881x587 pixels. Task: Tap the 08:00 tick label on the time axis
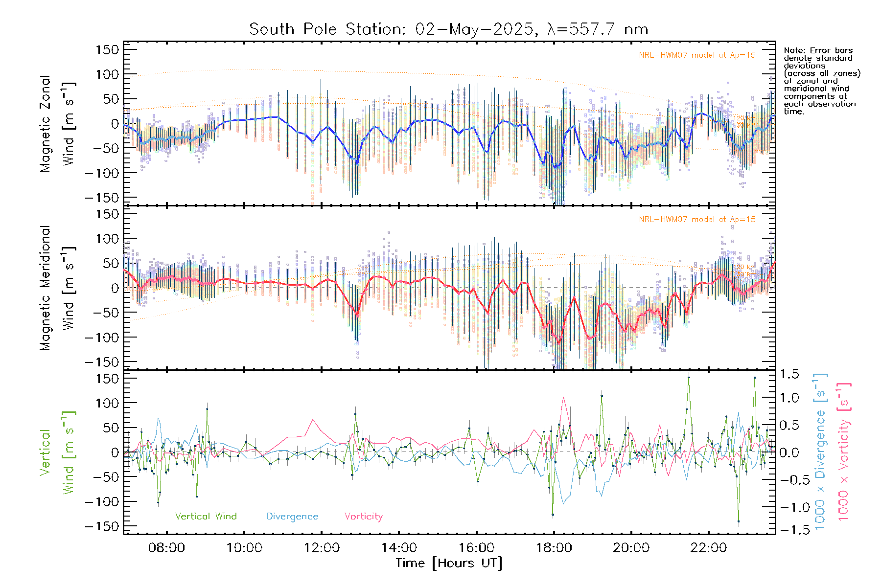coord(166,548)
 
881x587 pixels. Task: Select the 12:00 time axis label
coord(322,548)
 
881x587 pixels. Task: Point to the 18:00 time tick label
coord(554,548)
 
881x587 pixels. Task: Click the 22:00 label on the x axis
coord(708,548)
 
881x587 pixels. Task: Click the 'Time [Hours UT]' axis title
coord(449,563)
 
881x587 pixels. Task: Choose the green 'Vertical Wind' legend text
coord(206,516)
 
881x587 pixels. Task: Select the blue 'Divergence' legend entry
coord(292,516)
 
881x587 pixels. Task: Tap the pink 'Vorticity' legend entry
coord(363,516)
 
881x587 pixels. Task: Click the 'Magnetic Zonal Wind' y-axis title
coord(57,123)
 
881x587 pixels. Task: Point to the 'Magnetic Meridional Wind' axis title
coord(57,288)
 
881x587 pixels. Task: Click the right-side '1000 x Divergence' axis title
coord(820,452)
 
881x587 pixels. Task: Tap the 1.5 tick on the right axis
coord(789,374)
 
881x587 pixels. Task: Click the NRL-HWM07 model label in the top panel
coord(697,55)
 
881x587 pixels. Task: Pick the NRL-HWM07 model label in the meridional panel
coord(697,219)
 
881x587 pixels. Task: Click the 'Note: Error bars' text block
coord(821,81)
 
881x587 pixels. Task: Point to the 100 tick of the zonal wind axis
coord(108,74)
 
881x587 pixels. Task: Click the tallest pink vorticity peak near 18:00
coord(564,398)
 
